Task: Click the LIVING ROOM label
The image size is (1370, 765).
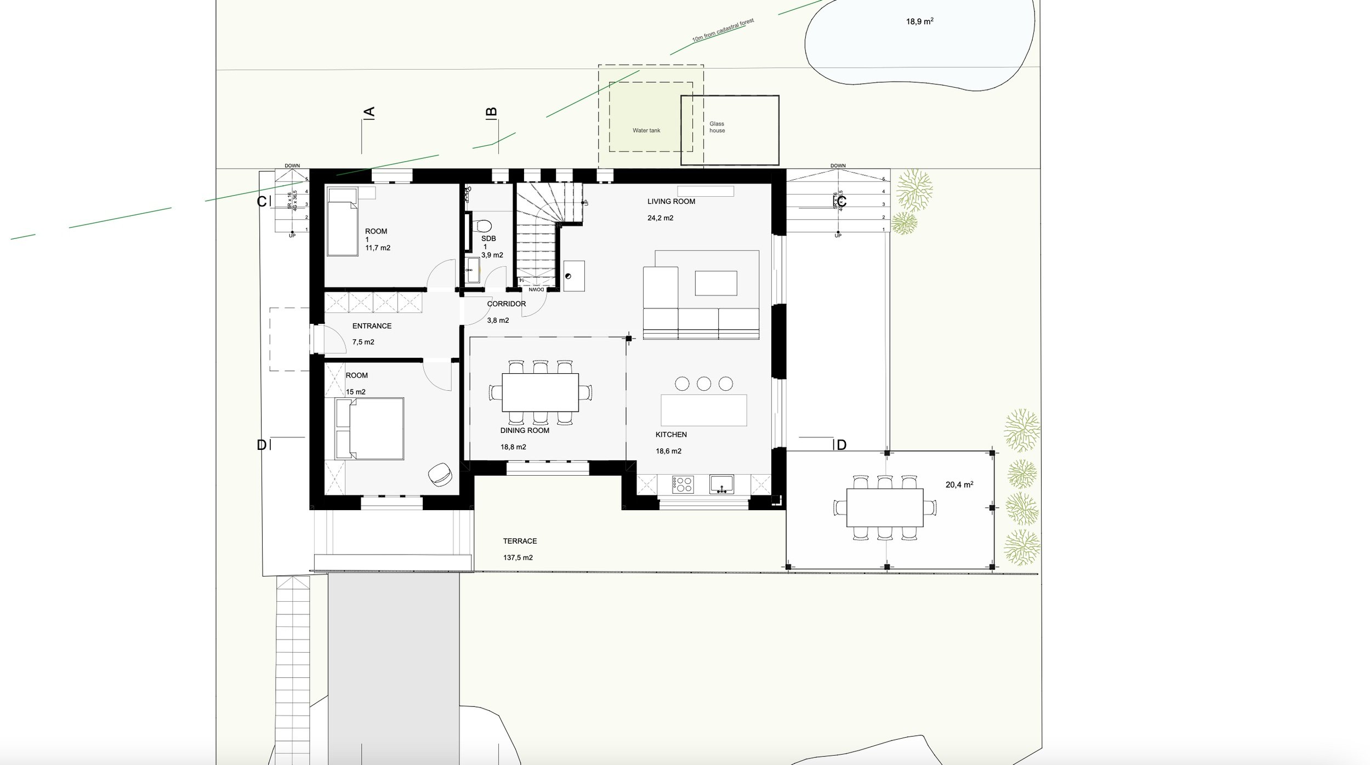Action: click(x=670, y=202)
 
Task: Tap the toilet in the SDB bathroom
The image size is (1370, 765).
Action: click(x=483, y=226)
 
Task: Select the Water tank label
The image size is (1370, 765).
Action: click(x=646, y=130)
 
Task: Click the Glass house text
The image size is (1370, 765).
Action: click(x=717, y=127)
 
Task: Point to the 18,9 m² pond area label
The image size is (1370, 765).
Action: click(x=919, y=22)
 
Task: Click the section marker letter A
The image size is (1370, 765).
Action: click(x=369, y=112)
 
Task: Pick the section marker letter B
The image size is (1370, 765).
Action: click(x=492, y=112)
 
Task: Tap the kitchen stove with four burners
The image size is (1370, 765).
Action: click(x=683, y=484)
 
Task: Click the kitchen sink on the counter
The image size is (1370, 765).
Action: click(x=721, y=484)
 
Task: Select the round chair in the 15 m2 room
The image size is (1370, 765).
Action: click(x=440, y=474)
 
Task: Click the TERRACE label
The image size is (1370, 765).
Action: click(x=520, y=541)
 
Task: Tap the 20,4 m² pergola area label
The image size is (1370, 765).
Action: click(x=959, y=485)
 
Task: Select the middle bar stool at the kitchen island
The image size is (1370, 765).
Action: click(x=703, y=384)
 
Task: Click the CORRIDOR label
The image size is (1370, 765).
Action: click(x=506, y=304)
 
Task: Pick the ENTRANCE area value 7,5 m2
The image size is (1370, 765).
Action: click(x=363, y=342)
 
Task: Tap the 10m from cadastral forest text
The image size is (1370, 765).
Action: click(x=723, y=31)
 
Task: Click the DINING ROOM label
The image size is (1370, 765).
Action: click(x=524, y=430)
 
